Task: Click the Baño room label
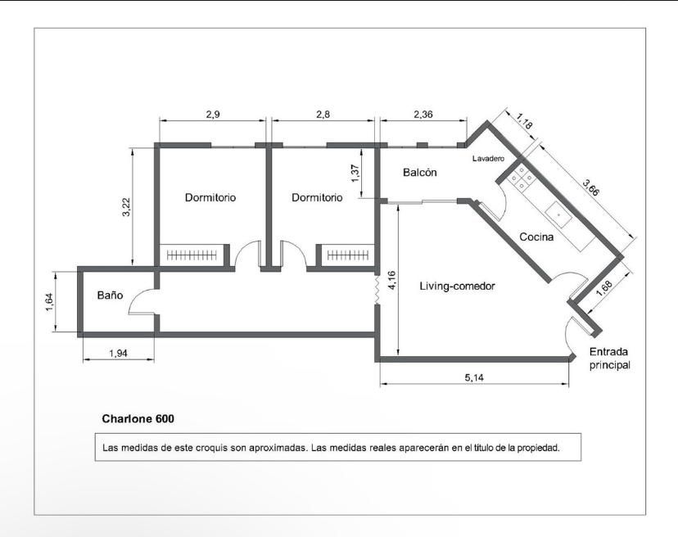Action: (110, 296)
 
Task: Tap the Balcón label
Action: (419, 173)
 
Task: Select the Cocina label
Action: (536, 237)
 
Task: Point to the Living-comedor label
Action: (457, 286)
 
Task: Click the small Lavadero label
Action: (488, 159)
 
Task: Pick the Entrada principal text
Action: (610, 359)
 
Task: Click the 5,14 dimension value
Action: (474, 377)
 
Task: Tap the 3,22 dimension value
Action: (125, 207)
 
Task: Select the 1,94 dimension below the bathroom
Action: (118, 354)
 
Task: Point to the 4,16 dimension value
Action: (391, 280)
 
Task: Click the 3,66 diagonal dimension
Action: (590, 187)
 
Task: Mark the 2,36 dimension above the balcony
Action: (423, 115)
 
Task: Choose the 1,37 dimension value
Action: (355, 174)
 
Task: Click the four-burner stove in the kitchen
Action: (522, 178)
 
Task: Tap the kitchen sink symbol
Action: (558, 214)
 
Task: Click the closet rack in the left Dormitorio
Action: (192, 255)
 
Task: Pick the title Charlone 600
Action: (138, 418)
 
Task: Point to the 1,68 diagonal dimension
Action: (604, 288)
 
